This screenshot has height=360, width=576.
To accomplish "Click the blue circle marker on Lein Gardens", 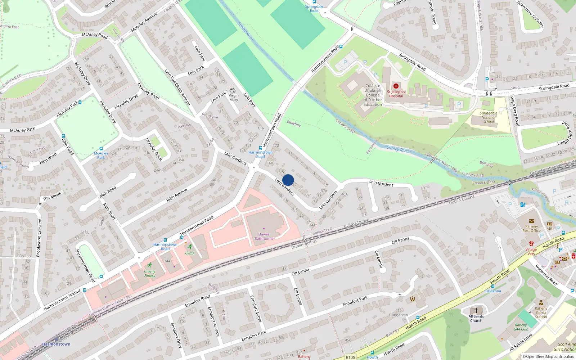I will tap(288, 180).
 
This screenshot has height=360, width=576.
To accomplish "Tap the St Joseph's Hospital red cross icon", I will tap(396, 86).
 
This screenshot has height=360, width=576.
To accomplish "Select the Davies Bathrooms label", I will tap(264, 236).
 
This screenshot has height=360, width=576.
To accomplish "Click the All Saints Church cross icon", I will tap(476, 310).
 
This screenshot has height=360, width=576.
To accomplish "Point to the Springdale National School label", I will tap(489, 117).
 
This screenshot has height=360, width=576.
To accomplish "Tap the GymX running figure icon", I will tap(190, 247).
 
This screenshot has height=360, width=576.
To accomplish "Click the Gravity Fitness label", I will tap(150, 274).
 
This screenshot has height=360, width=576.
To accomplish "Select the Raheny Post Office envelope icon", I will tap(531, 221).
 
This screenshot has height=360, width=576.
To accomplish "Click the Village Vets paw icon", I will tap(531, 244).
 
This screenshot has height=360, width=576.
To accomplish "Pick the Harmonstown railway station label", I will tap(56, 344).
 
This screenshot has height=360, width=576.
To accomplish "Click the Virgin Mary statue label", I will tap(234, 98).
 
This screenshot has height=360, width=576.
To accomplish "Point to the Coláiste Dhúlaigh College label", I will tap(373, 95).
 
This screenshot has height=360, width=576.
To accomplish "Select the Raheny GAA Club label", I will tap(521, 327).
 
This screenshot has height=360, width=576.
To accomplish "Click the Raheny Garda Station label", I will tap(541, 312).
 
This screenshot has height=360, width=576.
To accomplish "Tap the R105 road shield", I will tap(350, 357).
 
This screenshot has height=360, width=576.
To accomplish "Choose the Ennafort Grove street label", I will tap(256, 309).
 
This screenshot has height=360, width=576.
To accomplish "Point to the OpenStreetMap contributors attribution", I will tap(548, 357).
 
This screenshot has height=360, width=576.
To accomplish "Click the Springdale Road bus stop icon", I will tap(314, 2).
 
